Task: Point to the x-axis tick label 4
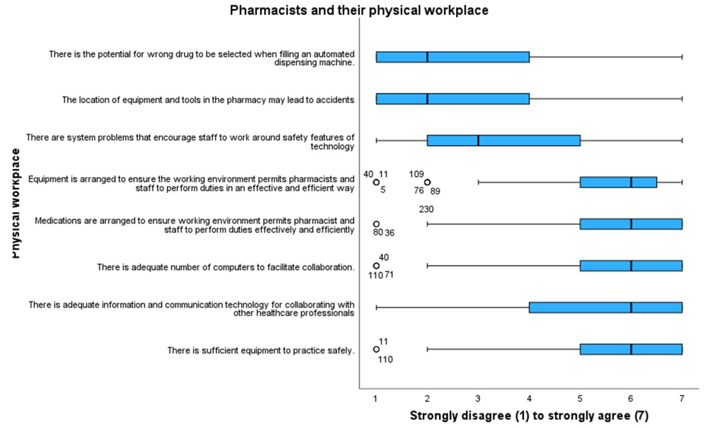pyautogui.click(x=529, y=399)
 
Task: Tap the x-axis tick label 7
pyautogui.click(x=682, y=399)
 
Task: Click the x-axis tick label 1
pyautogui.click(x=375, y=399)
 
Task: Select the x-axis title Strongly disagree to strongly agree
pyautogui.click(x=529, y=416)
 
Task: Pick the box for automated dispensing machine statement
pyautogui.click(x=453, y=57)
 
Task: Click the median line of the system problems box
pyautogui.click(x=478, y=140)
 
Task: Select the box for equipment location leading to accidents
pyautogui.click(x=453, y=99)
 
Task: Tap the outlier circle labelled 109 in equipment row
pyautogui.click(x=427, y=182)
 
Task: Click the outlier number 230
pyautogui.click(x=426, y=209)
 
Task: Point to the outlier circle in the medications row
pyautogui.click(x=376, y=224)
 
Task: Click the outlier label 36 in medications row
pyautogui.click(x=389, y=233)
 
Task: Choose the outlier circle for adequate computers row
pyautogui.click(x=376, y=266)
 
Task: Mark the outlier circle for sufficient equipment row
pyautogui.click(x=376, y=349)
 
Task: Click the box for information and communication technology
pyautogui.click(x=605, y=307)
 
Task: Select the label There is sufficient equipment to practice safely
pyautogui.click(x=261, y=350)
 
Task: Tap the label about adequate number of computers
pyautogui.click(x=226, y=267)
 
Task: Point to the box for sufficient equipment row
pyautogui.click(x=631, y=349)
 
